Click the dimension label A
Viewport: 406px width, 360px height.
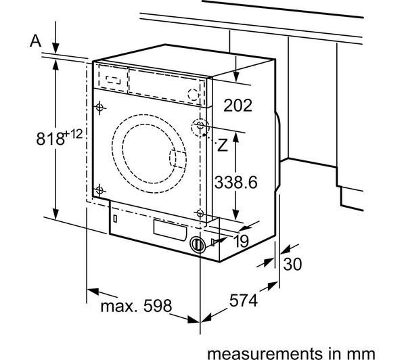pos(36,40)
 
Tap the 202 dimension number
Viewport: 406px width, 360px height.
pos(236,106)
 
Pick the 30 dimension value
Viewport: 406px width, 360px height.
pos(292,264)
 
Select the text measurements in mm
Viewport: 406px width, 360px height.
pos(290,351)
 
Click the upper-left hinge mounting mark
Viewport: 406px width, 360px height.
pos(100,107)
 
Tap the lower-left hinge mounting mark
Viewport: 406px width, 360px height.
pos(100,189)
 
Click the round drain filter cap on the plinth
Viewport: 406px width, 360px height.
pos(197,245)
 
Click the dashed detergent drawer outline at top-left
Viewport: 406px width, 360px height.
pos(111,77)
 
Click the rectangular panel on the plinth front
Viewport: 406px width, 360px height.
pos(168,228)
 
